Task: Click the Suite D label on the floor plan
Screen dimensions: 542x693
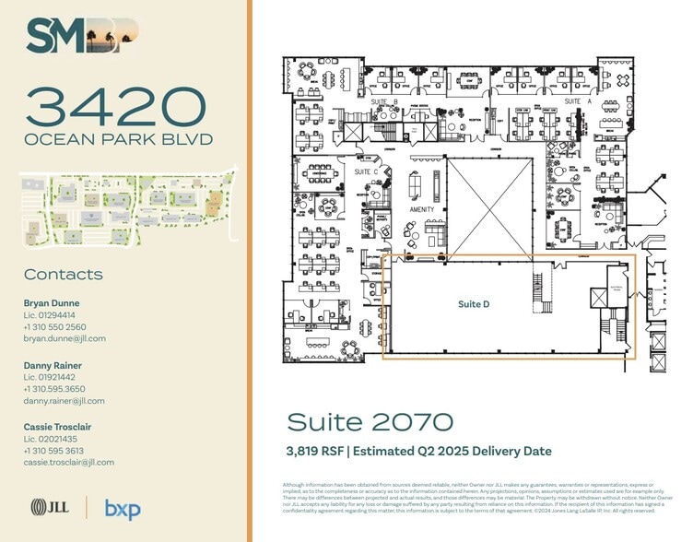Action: (x=474, y=304)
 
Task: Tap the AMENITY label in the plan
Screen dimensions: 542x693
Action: (x=421, y=210)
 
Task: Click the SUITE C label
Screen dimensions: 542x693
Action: (x=367, y=171)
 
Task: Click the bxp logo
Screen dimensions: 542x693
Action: (x=123, y=508)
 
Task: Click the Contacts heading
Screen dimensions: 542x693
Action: (x=64, y=275)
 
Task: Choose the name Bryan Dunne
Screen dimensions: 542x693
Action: (x=52, y=303)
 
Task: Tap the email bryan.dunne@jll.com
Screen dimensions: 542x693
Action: (x=65, y=339)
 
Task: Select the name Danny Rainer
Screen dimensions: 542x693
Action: (x=53, y=366)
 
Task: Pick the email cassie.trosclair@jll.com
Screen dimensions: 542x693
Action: (x=69, y=463)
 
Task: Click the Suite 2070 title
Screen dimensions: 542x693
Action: (x=370, y=422)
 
